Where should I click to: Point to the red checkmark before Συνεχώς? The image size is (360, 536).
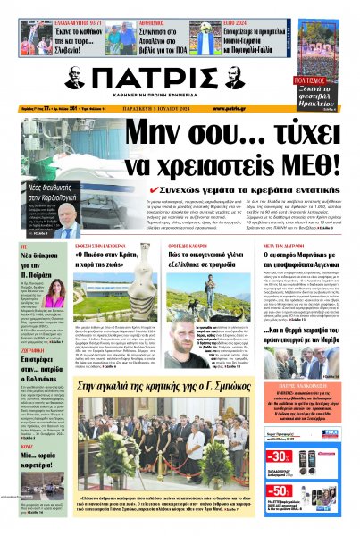coord(155,190)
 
